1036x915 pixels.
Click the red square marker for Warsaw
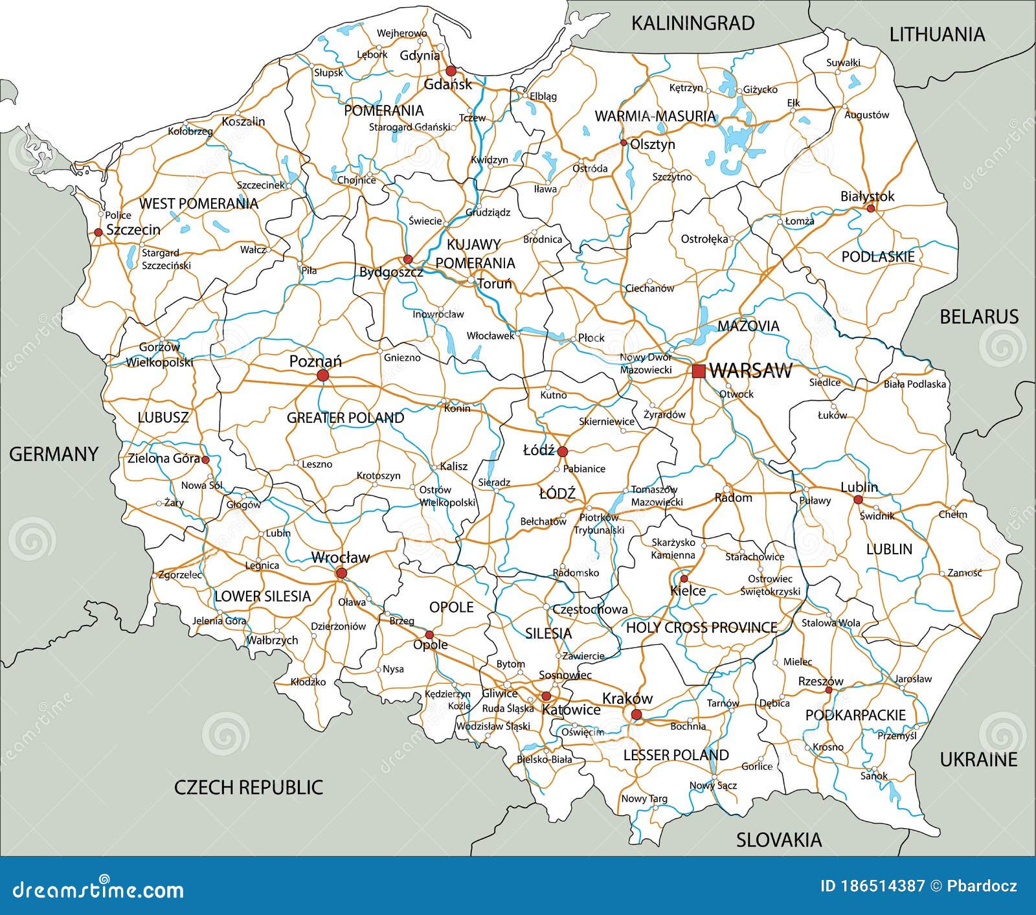point(698,371)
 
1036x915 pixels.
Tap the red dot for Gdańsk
point(451,71)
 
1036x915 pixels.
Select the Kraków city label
point(627,699)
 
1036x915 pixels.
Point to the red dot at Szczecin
point(98,232)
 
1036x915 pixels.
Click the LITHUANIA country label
point(936,34)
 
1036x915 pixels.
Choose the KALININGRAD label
point(692,23)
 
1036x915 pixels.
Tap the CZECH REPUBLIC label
point(248,787)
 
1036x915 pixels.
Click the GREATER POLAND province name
point(345,418)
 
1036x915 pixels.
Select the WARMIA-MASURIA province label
point(655,117)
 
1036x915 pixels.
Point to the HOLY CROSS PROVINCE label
point(701,627)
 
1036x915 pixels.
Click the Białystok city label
point(867,196)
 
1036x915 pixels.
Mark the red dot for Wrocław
point(341,573)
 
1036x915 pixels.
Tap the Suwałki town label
point(843,63)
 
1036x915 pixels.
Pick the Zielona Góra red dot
point(205,460)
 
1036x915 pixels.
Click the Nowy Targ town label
point(644,798)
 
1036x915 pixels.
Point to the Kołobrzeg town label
point(190,131)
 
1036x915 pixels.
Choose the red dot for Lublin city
point(858,500)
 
